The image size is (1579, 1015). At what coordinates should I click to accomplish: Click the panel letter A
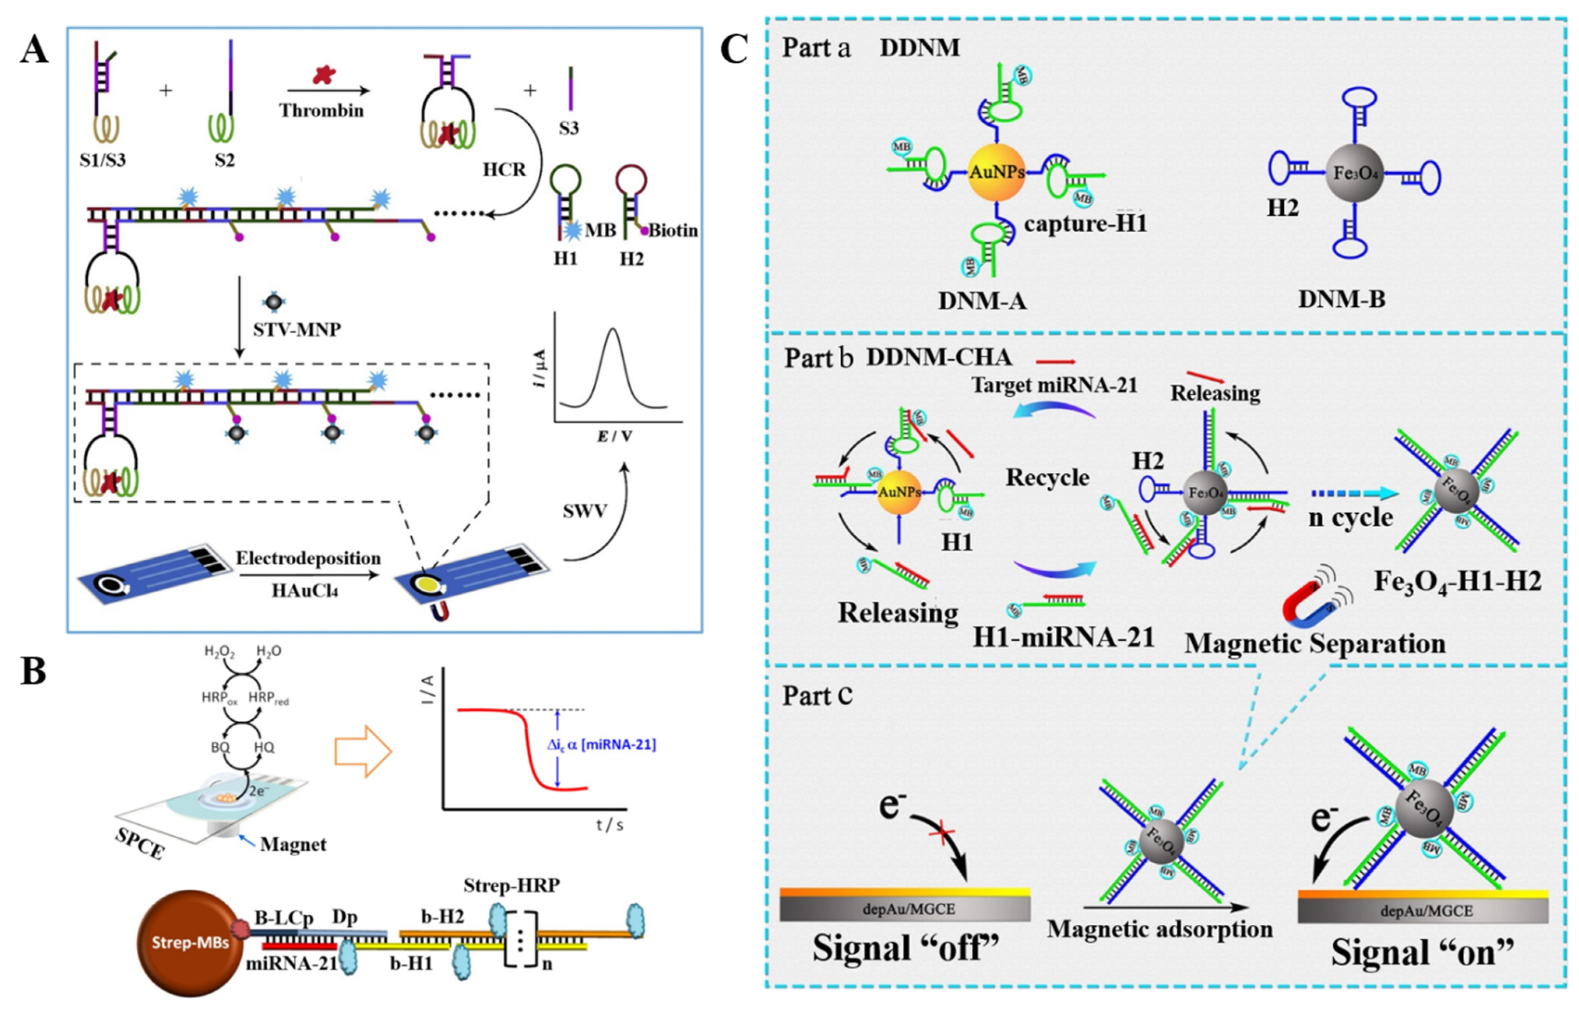coord(34,49)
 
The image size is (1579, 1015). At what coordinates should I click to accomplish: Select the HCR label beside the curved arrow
coord(504,170)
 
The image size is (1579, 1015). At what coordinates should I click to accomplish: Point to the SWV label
coord(585,511)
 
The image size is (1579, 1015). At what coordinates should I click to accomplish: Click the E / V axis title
coord(614,436)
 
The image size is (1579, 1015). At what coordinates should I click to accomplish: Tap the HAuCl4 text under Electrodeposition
coord(305,590)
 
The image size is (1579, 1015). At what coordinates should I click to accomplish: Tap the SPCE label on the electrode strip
coord(140,844)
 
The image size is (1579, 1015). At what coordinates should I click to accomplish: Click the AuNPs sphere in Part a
coord(997,173)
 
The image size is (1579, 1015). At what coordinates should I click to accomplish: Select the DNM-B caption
coord(1341,299)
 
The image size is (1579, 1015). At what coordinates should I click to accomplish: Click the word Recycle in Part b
coord(1047,477)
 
